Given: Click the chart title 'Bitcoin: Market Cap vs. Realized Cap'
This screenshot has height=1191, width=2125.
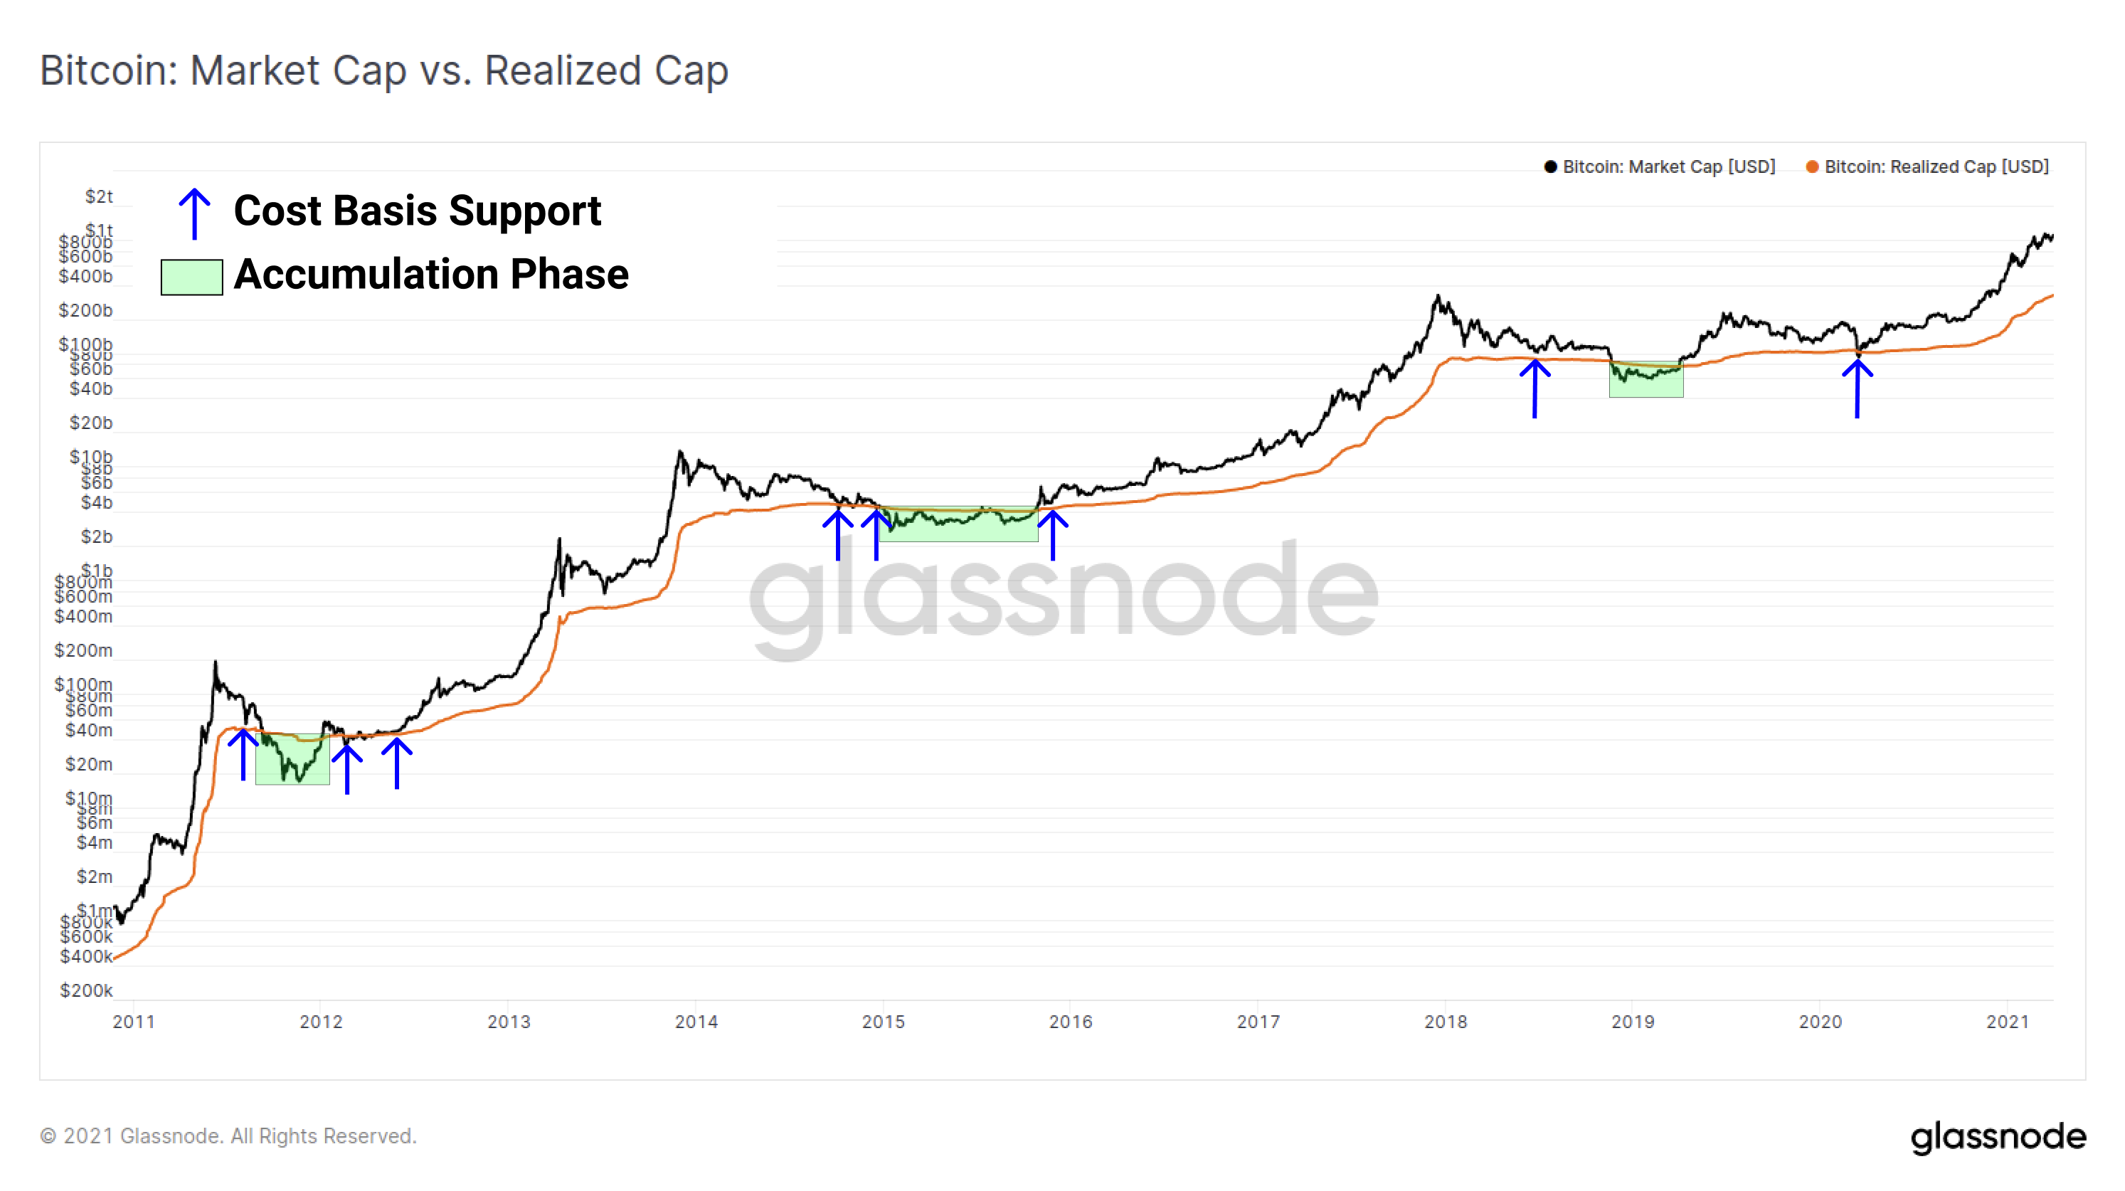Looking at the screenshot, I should (383, 71).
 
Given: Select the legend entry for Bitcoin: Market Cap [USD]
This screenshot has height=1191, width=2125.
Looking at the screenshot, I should (1660, 166).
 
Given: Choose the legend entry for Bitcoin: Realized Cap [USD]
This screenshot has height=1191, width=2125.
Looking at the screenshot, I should (1927, 166).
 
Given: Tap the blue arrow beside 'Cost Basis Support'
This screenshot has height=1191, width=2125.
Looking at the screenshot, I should (195, 213).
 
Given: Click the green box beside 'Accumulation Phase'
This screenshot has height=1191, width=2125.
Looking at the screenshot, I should (191, 277).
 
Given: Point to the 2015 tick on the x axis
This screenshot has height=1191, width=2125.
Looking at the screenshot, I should (883, 1021).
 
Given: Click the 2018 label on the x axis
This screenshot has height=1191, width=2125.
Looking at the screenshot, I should (1446, 1021).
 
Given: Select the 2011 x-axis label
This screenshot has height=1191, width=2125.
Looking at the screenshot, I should (134, 1021).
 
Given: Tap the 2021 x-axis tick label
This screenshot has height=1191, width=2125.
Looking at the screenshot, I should (2007, 1021).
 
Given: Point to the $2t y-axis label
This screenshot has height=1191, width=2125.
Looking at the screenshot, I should (98, 196).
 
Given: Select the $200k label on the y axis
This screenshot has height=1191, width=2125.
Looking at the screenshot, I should (86, 990).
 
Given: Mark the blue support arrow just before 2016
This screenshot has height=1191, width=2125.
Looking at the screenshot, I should (1053, 534).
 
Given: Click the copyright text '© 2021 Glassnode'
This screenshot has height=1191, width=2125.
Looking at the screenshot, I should (228, 1136).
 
